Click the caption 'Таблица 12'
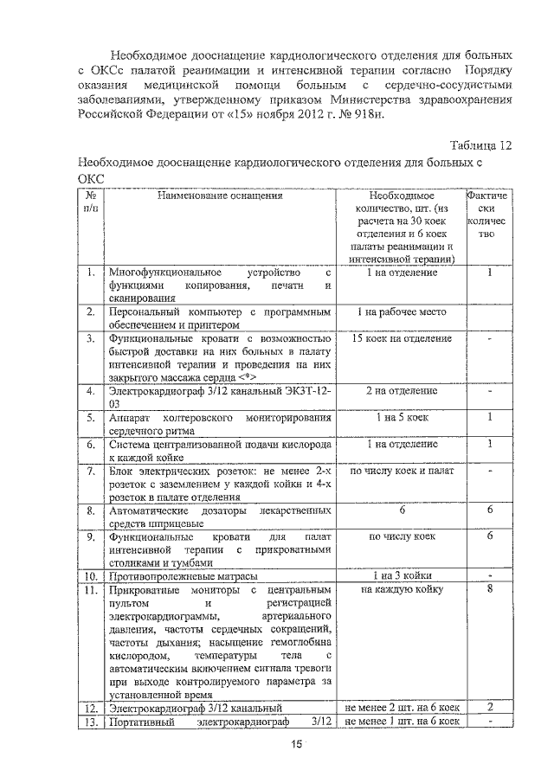(x=481, y=145)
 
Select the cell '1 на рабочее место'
(x=401, y=310)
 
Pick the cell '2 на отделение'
(x=401, y=391)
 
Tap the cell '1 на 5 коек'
(x=401, y=418)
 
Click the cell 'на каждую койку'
(x=401, y=590)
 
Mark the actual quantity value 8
(x=490, y=590)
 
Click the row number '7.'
(x=90, y=472)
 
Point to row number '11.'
(x=90, y=590)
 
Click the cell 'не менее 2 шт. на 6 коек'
(x=401, y=708)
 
